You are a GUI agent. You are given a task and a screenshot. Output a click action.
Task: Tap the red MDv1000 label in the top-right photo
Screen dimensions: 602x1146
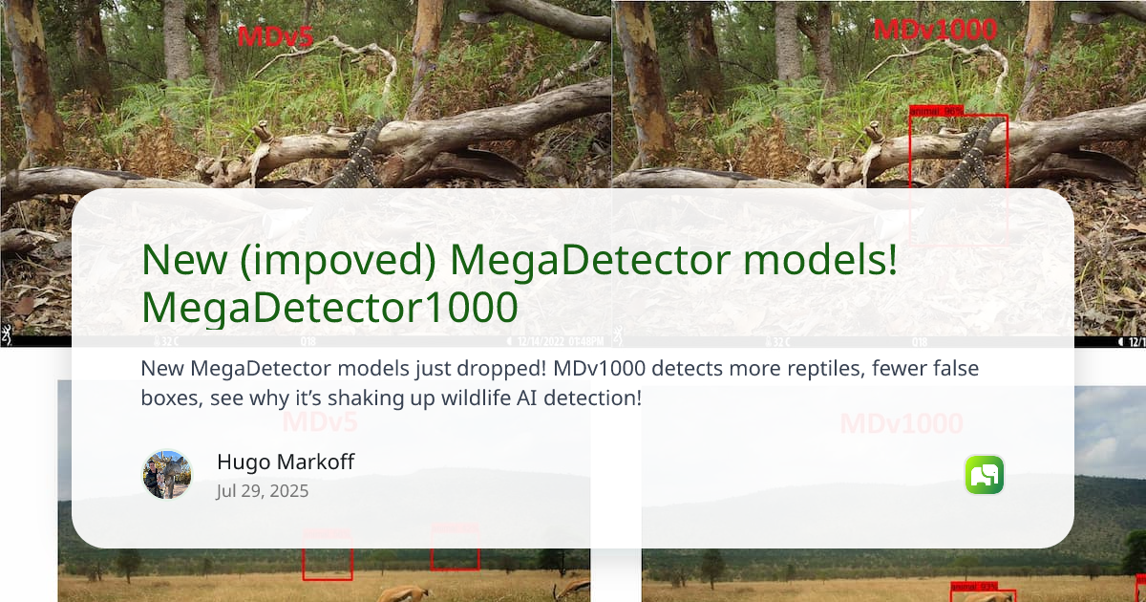[935, 30]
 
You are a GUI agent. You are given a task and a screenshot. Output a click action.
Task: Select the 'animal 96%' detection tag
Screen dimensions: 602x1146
[937, 111]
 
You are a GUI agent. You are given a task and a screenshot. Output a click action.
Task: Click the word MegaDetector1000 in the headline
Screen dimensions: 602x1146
[329, 307]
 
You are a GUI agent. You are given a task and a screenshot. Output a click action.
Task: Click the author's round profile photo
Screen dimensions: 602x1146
[167, 475]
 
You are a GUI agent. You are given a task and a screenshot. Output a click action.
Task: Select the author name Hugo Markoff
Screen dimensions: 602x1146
[286, 462]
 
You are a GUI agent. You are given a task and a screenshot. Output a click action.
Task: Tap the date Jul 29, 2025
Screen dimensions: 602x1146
[263, 491]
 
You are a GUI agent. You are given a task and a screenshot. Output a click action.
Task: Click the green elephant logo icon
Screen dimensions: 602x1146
[985, 475]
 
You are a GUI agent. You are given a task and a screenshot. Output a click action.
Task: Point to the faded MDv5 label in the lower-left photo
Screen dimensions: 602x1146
[320, 422]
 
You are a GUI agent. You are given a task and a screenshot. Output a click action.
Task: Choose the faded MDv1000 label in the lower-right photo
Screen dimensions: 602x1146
[902, 423]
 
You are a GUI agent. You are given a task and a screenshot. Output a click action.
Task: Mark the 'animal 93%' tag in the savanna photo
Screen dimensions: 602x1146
[974, 586]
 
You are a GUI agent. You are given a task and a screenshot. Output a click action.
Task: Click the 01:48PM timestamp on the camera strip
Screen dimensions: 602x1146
[585, 341]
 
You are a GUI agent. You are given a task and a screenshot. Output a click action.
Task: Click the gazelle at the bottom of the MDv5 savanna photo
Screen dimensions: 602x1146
[406, 593]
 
